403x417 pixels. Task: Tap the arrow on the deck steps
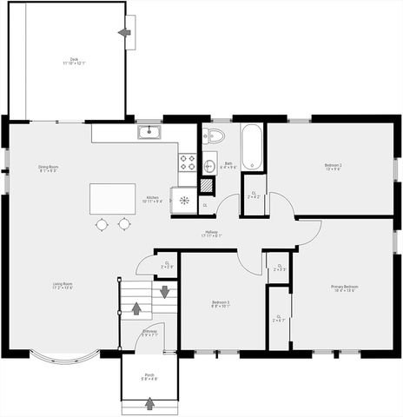tap(124, 32)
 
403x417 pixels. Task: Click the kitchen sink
tap(149, 132)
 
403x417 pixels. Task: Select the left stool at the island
tap(102, 224)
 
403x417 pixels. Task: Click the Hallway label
tap(212, 233)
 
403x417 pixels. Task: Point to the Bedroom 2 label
tap(333, 166)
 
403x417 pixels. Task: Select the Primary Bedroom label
tap(344, 288)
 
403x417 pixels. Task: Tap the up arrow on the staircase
tap(135, 306)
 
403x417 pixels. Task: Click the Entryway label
tap(149, 333)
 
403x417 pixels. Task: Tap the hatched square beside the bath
tap(206, 184)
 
